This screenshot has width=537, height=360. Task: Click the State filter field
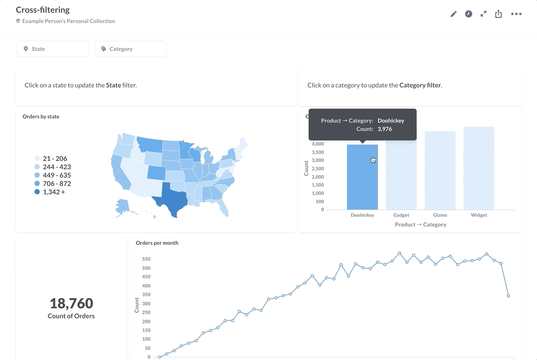pyautogui.click(x=52, y=49)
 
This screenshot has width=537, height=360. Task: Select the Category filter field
pyautogui.click(x=130, y=49)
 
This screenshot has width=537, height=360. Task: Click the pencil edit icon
pyautogui.click(x=454, y=14)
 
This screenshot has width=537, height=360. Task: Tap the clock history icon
pyautogui.click(x=469, y=14)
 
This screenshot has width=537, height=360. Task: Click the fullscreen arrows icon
pyautogui.click(x=483, y=14)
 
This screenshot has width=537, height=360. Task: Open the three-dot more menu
pyautogui.click(x=516, y=14)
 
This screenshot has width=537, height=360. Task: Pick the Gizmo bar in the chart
pyautogui.click(x=440, y=171)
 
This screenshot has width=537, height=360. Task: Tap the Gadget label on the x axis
pyautogui.click(x=401, y=215)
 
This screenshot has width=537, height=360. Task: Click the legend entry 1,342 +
pyautogui.click(x=54, y=192)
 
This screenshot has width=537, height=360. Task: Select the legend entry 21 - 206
pyautogui.click(x=55, y=159)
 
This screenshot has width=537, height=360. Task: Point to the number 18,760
pyautogui.click(x=71, y=304)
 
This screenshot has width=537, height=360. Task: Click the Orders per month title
pyautogui.click(x=157, y=243)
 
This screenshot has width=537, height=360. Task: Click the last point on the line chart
pyautogui.click(x=508, y=296)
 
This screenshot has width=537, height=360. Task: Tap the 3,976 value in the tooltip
pyautogui.click(x=384, y=129)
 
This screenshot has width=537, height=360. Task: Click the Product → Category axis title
pyautogui.click(x=420, y=225)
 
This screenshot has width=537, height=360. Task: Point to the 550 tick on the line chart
pyautogui.click(x=146, y=259)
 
